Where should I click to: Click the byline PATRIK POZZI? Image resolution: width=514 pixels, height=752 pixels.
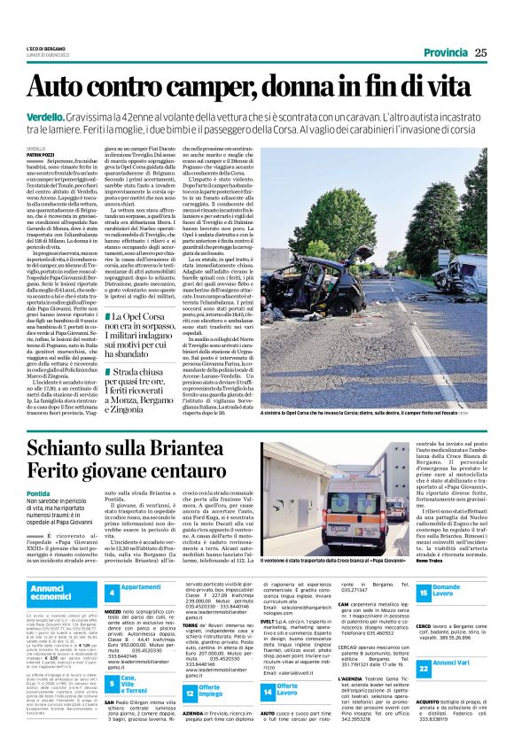43,154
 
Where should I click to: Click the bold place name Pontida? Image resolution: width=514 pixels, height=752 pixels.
39,494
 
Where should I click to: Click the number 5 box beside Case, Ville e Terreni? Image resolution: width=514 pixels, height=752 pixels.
113,686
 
